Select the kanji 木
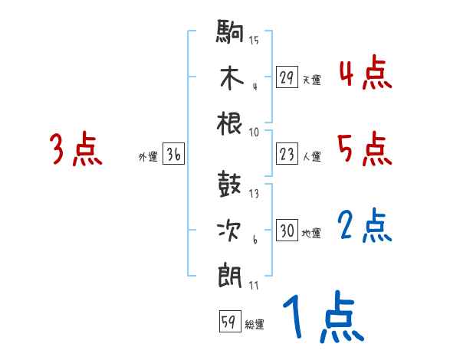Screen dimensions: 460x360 pyautogui.click(x=230, y=77)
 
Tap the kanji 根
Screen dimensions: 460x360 pyautogui.click(x=230, y=122)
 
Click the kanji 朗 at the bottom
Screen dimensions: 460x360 pyautogui.click(x=230, y=273)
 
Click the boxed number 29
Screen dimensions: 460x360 pyautogui.click(x=287, y=77)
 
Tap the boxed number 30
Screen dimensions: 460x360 pyautogui.click(x=287, y=231)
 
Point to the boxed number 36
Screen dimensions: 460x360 pyautogui.click(x=173, y=155)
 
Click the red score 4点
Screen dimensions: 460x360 pyautogui.click(x=365, y=75)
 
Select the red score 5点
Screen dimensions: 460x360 pyautogui.click(x=365, y=149)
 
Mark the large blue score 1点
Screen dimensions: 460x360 pyautogui.click(x=321, y=319)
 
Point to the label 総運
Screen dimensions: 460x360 pyautogui.click(x=255, y=325)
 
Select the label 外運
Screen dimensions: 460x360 pyautogui.click(x=147, y=157)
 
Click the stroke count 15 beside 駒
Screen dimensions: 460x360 pyautogui.click(x=254, y=41)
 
